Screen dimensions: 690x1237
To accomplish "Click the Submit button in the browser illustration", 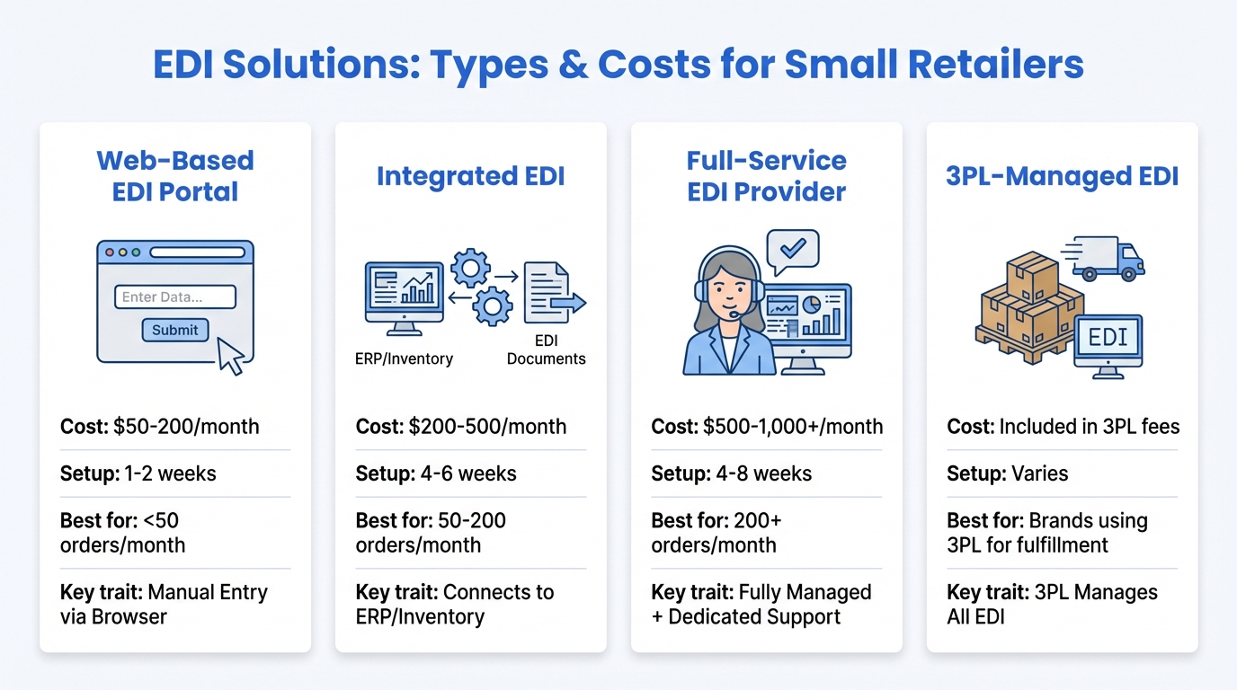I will (175, 330).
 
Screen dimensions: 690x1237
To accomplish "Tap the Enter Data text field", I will (175, 297).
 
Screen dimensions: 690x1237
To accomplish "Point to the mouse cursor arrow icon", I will (231, 356).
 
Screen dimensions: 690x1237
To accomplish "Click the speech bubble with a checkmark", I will (792, 250).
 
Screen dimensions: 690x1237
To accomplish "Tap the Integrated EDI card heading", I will (470, 176).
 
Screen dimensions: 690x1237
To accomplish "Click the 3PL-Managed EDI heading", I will (1062, 176).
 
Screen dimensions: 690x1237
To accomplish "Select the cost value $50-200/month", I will (186, 426).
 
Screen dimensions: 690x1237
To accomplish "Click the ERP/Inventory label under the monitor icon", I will (404, 358).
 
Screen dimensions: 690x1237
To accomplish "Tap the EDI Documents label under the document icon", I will (546, 349).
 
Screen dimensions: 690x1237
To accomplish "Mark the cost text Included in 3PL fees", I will (1089, 426).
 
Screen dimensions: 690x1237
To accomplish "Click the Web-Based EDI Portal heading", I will (175, 176).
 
